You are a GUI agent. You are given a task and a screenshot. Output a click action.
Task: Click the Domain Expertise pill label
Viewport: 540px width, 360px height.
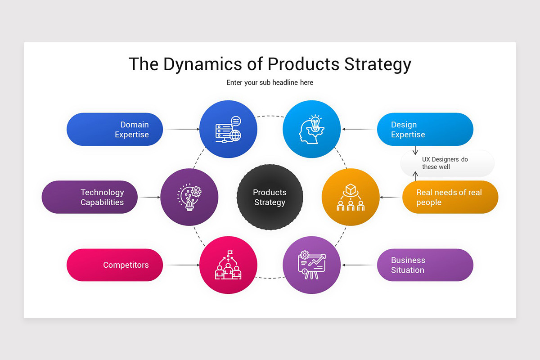pyautogui.click(x=115, y=130)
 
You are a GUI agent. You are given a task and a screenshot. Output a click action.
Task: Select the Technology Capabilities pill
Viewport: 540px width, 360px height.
pyautogui.click(x=90, y=197)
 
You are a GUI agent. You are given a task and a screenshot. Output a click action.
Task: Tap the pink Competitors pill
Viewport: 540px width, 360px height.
pyautogui.click(x=115, y=265)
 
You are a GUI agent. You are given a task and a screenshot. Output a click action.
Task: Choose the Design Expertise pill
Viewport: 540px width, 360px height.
pyautogui.click(x=425, y=130)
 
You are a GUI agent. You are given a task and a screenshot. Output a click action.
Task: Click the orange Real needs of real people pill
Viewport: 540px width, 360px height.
pyautogui.click(x=450, y=197)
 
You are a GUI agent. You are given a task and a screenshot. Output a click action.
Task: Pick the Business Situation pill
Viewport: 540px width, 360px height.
pyautogui.click(x=425, y=265)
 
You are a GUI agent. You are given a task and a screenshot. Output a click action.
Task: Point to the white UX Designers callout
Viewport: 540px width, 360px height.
pyautogui.click(x=447, y=163)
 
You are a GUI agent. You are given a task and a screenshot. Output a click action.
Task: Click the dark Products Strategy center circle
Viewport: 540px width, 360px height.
pyautogui.click(x=270, y=197)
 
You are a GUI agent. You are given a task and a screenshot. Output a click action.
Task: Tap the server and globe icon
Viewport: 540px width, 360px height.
pyautogui.click(x=228, y=129)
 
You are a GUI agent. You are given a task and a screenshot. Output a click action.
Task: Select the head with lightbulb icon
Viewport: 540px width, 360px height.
pyautogui.click(x=311, y=129)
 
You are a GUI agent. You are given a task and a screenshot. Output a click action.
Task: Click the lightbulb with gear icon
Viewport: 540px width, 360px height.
pyautogui.click(x=189, y=197)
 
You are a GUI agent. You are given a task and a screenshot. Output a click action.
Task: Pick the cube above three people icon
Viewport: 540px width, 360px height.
pyautogui.click(x=351, y=197)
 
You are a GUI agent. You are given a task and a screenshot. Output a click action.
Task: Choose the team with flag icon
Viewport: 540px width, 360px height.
pyautogui.click(x=228, y=265)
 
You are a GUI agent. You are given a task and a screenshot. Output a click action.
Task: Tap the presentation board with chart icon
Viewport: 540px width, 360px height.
pyautogui.click(x=311, y=265)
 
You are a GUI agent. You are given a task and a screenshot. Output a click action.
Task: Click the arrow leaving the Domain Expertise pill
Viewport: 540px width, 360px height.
pyautogui.click(x=182, y=129)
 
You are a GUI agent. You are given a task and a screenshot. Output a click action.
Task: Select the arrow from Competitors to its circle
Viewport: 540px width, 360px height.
pyautogui.click(x=182, y=265)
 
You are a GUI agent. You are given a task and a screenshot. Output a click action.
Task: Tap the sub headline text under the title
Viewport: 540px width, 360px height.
pyautogui.click(x=270, y=82)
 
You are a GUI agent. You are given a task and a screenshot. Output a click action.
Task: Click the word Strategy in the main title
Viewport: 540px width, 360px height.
pyautogui.click(x=378, y=64)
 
